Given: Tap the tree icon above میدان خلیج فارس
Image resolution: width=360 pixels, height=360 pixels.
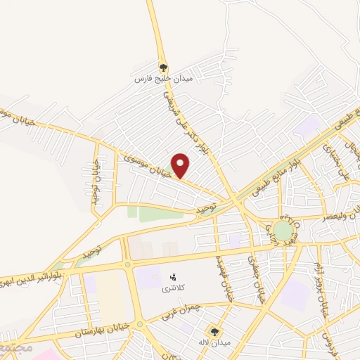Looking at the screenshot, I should pyautogui.click(x=163, y=67).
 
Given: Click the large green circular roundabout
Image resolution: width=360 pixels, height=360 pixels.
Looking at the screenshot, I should pyautogui.click(x=283, y=230).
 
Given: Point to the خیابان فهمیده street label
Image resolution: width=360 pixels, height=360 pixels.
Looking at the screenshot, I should pyautogui.click(x=225, y=276).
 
